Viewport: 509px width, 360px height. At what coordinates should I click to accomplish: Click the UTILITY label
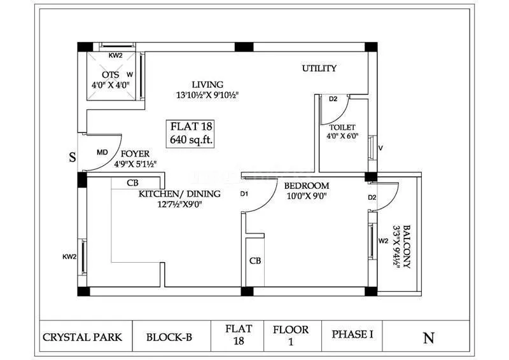(319, 69)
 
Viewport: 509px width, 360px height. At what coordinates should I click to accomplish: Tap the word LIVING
(208, 85)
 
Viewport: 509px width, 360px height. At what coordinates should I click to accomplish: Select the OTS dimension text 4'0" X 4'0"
(111, 84)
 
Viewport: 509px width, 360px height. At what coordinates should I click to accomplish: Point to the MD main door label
(102, 153)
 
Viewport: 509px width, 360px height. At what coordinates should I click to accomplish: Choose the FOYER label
(135, 154)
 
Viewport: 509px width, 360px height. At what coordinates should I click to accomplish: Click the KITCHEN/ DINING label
(179, 194)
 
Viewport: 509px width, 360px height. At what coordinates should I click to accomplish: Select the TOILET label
(342, 127)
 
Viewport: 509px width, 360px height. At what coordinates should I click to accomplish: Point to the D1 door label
(244, 194)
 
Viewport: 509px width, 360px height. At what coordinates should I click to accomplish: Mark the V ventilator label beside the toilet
(380, 148)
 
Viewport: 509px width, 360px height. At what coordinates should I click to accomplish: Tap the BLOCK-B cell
(169, 336)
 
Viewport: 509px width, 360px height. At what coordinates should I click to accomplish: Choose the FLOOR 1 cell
(291, 336)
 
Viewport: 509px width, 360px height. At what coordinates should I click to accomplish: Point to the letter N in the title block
(428, 338)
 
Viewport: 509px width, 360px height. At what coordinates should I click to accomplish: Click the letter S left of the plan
(73, 158)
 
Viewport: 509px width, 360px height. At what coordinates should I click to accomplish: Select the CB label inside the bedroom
(254, 261)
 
